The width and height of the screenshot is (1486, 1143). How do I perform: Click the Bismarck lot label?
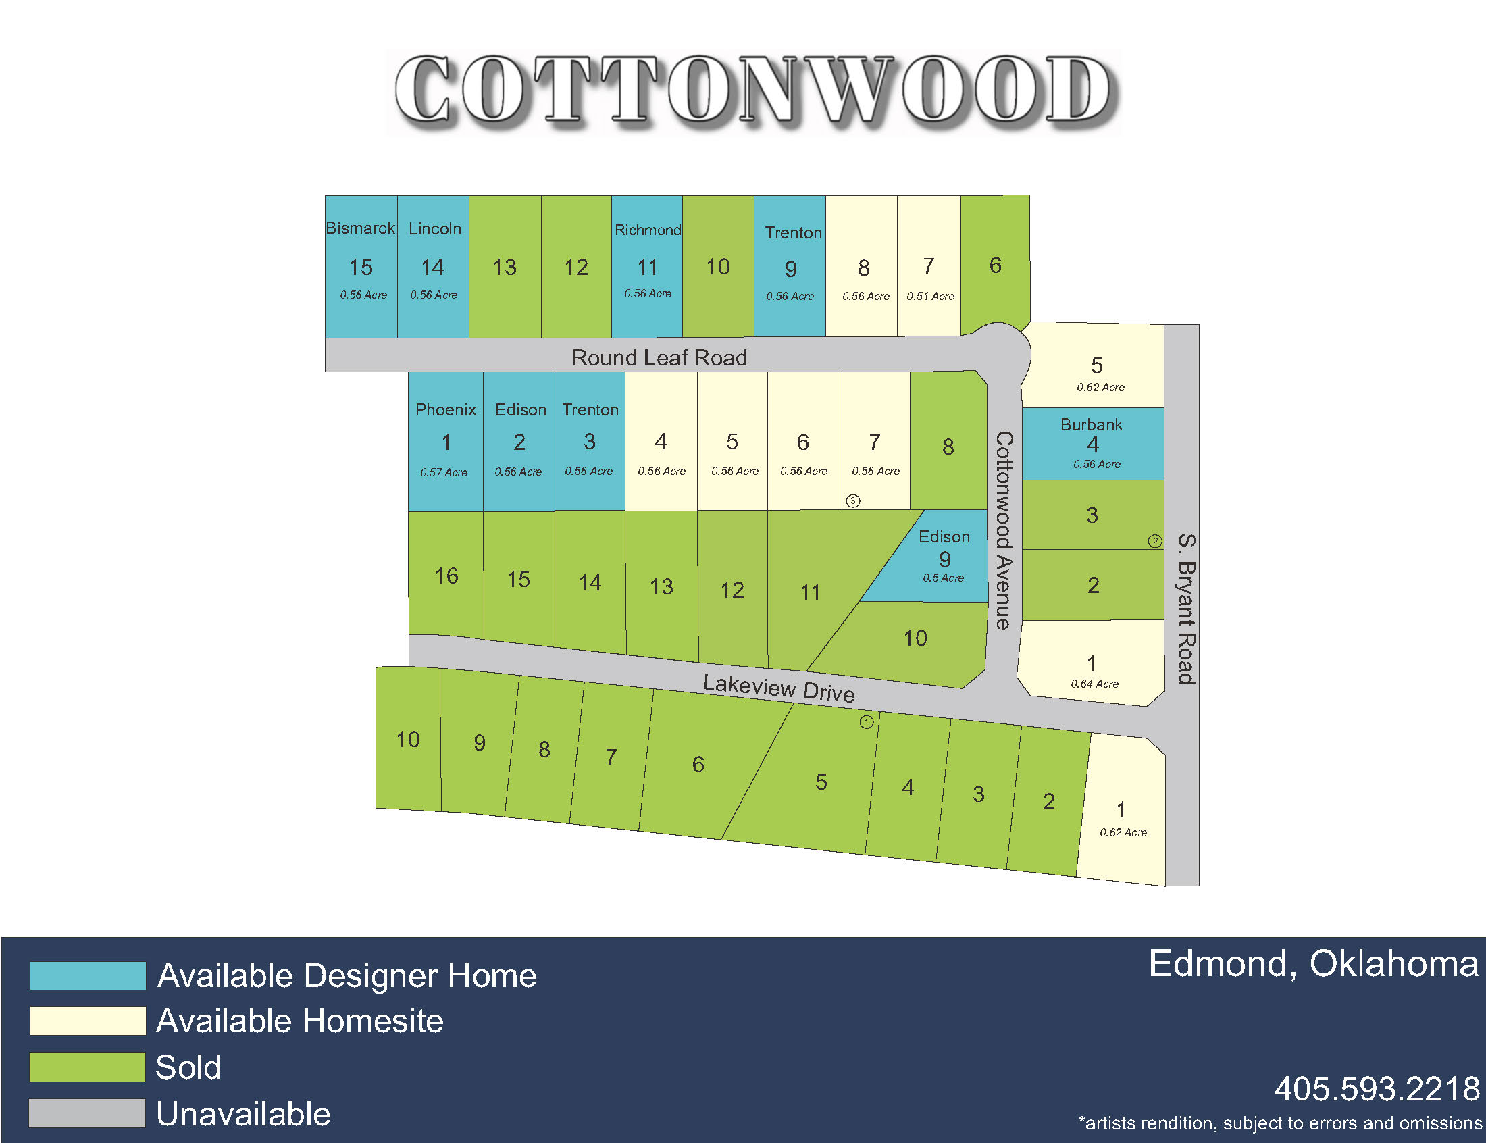(x=360, y=228)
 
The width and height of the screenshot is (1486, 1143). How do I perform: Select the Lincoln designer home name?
(x=434, y=228)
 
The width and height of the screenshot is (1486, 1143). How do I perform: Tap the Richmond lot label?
(x=648, y=230)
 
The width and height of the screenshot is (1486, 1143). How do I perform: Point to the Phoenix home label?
(x=445, y=409)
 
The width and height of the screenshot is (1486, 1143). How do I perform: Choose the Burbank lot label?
(x=1091, y=424)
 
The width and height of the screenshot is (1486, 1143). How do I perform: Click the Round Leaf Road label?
(x=659, y=357)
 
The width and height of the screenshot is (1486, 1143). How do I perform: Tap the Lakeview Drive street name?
(x=778, y=687)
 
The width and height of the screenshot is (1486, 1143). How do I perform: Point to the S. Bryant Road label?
(x=1186, y=608)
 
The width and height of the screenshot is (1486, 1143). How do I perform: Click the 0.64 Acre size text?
(x=1094, y=684)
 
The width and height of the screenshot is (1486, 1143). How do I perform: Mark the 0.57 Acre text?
(x=443, y=472)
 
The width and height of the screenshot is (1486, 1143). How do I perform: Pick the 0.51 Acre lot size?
(x=929, y=296)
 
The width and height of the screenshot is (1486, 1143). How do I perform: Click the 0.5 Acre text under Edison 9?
(x=944, y=578)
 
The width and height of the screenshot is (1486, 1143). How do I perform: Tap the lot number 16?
(x=446, y=576)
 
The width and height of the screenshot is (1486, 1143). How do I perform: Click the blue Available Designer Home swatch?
(x=88, y=975)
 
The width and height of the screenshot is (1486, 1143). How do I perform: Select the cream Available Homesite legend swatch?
(x=88, y=1021)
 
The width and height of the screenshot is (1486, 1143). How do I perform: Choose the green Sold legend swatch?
(x=88, y=1067)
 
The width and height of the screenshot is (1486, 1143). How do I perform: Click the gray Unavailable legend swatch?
(x=88, y=1113)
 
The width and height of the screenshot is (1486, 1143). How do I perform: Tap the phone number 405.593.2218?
(x=1377, y=1088)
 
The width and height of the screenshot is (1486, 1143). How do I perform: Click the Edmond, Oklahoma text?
(x=1312, y=964)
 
